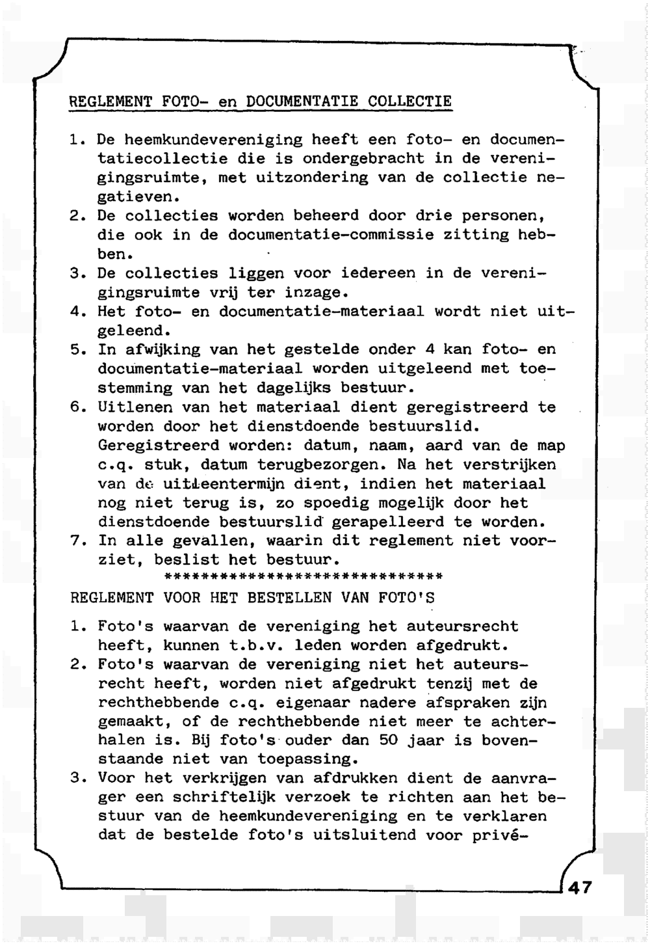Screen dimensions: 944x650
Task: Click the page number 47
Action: [580, 887]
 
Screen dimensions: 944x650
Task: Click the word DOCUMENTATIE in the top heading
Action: [303, 101]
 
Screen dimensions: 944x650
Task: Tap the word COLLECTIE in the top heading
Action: [409, 101]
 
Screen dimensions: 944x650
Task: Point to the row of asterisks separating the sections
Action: [304, 576]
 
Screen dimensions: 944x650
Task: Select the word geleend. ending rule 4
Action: [133, 330]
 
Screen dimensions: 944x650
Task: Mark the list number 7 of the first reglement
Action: [76, 541]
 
